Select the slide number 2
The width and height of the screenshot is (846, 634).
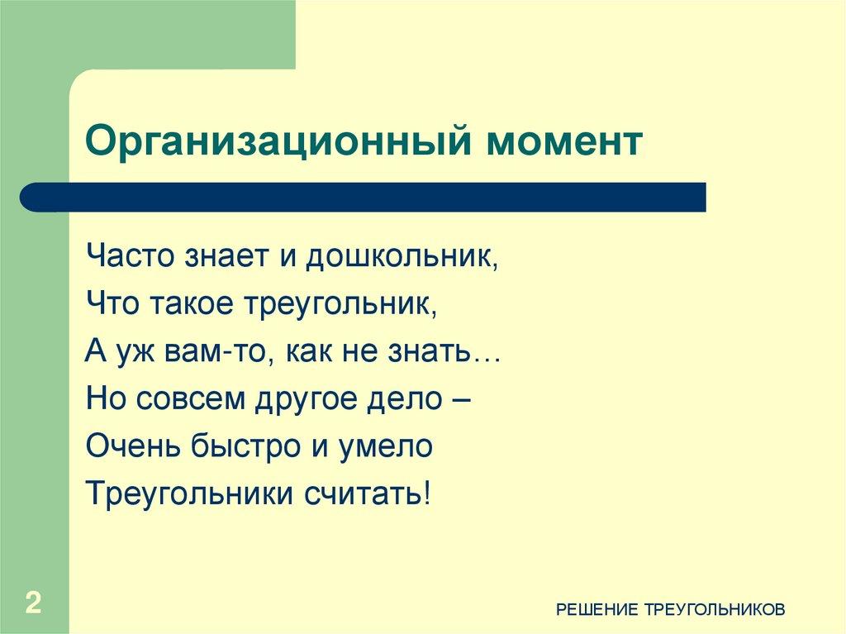(x=33, y=602)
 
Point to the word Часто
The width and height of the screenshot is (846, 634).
(x=129, y=258)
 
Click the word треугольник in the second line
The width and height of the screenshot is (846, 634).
(x=339, y=305)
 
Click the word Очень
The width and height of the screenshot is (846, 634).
(x=126, y=447)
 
